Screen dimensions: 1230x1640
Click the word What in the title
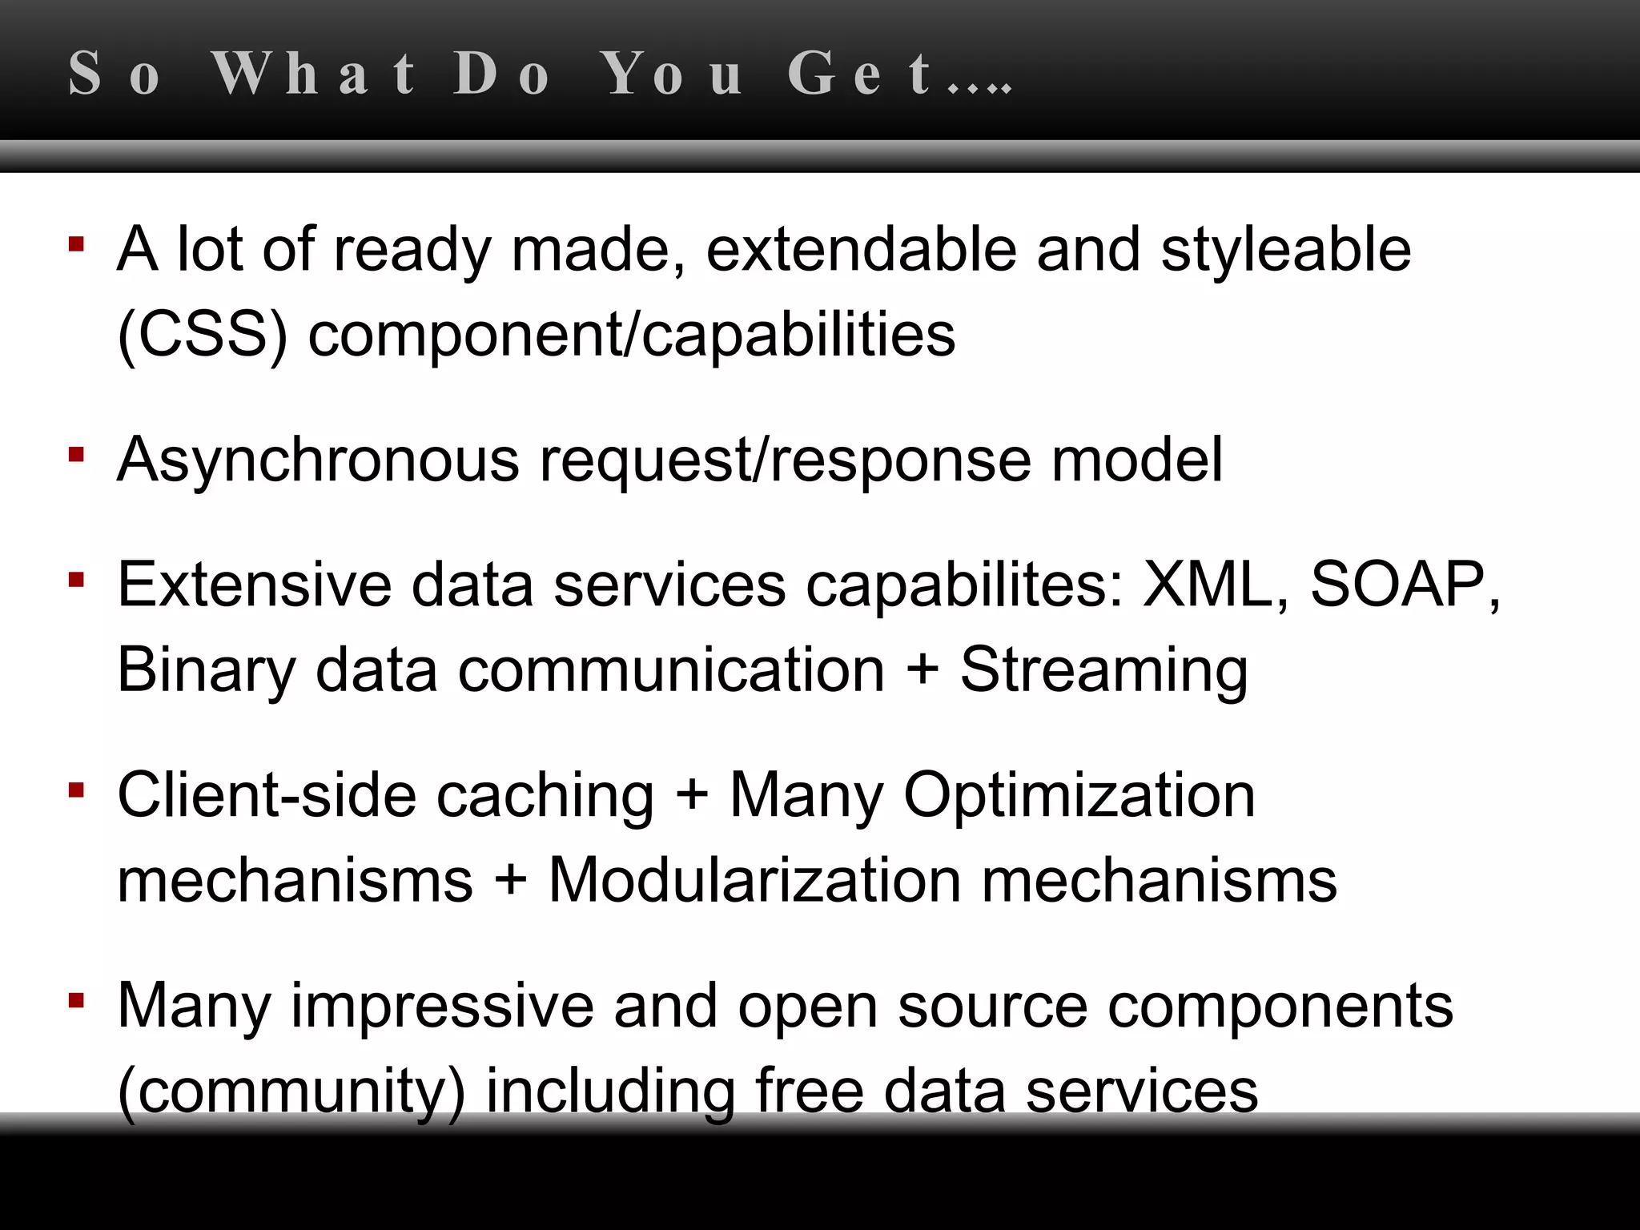click(314, 74)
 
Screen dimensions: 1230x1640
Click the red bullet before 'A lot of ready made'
click(77, 243)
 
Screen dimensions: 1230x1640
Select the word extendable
click(862, 249)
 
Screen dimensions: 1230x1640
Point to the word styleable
click(1286, 251)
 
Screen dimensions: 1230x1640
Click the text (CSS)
click(203, 335)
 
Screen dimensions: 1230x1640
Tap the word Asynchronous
click(318, 461)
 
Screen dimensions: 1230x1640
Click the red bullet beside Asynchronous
click(77, 455)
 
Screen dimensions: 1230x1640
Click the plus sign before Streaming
click(922, 669)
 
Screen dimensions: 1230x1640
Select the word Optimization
click(1079, 797)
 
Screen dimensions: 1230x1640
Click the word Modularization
click(754, 881)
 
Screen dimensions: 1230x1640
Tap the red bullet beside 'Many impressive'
click(77, 1000)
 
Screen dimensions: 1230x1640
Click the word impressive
click(442, 1007)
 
